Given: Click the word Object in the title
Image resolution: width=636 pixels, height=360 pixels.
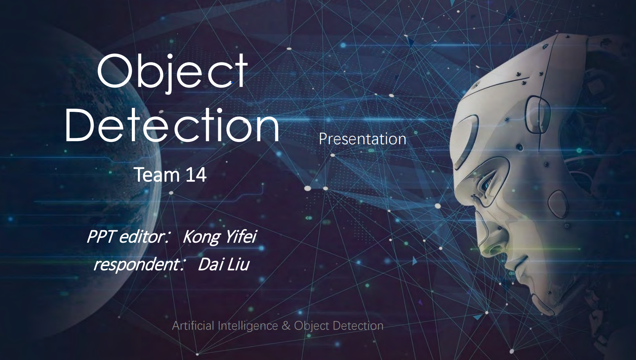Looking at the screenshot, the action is coord(172,73).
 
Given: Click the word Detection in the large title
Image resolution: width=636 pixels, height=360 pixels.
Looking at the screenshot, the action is coord(172,124).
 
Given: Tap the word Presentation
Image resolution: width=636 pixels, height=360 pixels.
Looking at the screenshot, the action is coord(362,139).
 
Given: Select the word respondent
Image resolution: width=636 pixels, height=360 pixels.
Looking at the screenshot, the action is coord(137,265).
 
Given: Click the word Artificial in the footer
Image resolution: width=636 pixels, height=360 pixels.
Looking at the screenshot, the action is coord(193,325).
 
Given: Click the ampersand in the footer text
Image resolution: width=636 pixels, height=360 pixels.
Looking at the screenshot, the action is coord(286,326).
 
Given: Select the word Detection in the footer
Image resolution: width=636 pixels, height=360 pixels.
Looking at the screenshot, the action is coord(358,326).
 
